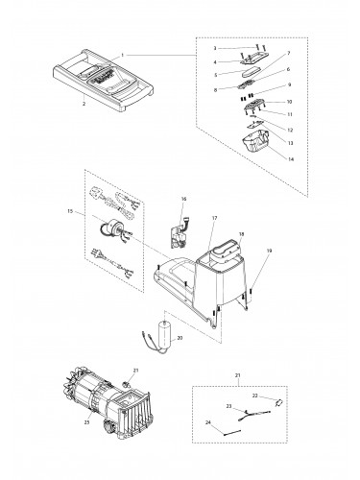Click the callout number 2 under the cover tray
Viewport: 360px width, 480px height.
pyautogui.click(x=84, y=104)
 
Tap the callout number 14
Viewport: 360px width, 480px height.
pyautogui.click(x=291, y=159)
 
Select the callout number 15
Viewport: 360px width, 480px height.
pyautogui.click(x=70, y=211)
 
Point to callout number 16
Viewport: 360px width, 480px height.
pyautogui.click(x=183, y=199)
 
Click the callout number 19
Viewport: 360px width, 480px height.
pyautogui.click(x=269, y=251)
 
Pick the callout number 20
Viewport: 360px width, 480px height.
pyautogui.click(x=180, y=338)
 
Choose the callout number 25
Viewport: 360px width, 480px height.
pyautogui.click(x=87, y=422)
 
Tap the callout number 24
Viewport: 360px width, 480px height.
pyautogui.click(x=208, y=422)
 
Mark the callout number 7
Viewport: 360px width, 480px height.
pyautogui.click(x=289, y=53)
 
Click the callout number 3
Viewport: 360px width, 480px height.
pyautogui.click(x=215, y=48)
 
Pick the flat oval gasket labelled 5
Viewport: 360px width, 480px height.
pyautogui.click(x=250, y=72)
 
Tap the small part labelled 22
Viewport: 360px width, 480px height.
pyautogui.click(x=278, y=402)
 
